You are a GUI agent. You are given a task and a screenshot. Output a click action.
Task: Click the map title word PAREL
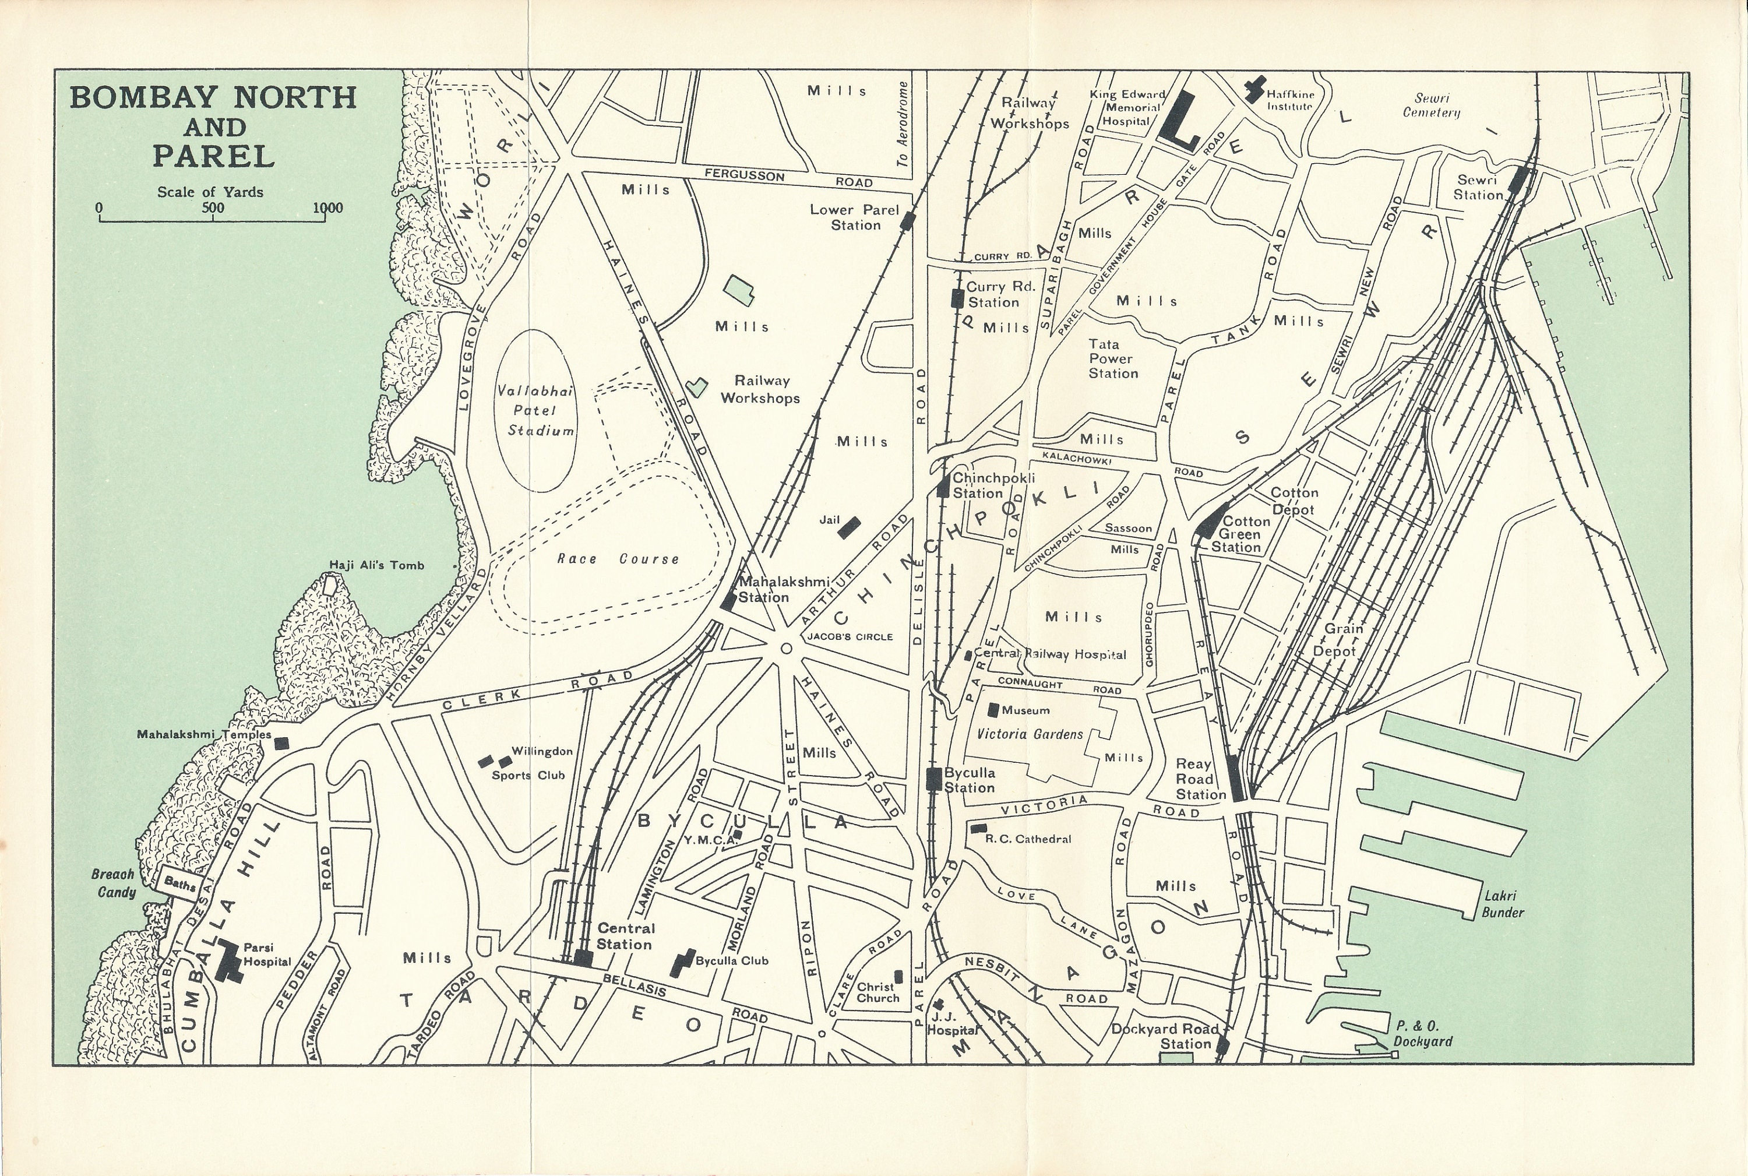click(214, 157)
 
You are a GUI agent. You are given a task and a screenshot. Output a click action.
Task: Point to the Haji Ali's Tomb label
click(376, 565)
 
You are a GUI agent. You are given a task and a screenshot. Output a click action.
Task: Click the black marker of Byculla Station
click(933, 779)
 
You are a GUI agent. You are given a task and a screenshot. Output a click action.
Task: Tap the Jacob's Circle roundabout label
click(850, 637)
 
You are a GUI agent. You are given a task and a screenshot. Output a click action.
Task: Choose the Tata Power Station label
click(1113, 358)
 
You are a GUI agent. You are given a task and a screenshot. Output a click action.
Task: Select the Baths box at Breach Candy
click(179, 883)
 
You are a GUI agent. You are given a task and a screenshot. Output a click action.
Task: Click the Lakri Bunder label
click(1502, 903)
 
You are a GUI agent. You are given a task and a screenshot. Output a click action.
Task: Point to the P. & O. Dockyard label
click(1422, 1033)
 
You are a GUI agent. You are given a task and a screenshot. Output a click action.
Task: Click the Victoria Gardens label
click(1030, 734)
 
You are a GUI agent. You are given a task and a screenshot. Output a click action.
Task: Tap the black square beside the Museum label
click(995, 709)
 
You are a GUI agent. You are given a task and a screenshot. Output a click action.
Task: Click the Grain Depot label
click(1335, 640)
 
